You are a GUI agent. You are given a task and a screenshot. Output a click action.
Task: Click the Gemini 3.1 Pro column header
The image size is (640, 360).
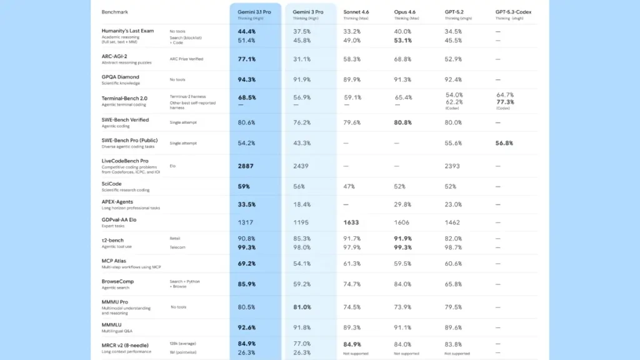click(x=255, y=11)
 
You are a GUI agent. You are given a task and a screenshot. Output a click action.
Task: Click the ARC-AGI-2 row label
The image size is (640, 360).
click(x=117, y=56)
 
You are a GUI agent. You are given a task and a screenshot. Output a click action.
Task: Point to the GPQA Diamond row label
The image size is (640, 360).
click(x=121, y=77)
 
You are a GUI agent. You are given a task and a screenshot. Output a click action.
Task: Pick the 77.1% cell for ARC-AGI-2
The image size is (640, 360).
click(x=246, y=59)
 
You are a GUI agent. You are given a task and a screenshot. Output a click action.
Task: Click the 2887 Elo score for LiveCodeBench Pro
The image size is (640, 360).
click(x=246, y=166)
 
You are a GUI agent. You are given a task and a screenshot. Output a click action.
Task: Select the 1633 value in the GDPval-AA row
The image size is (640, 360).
click(x=351, y=222)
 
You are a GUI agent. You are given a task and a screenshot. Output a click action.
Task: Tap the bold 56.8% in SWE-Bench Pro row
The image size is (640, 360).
click(x=504, y=143)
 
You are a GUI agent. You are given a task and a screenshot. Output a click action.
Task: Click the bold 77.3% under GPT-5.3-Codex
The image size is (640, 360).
click(x=505, y=102)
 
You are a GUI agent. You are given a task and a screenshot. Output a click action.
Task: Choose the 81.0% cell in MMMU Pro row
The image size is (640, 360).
click(x=301, y=307)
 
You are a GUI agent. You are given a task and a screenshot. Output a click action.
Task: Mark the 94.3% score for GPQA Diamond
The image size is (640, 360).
click(x=246, y=79)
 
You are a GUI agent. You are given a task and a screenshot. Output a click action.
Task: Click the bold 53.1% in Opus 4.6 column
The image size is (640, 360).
click(x=403, y=41)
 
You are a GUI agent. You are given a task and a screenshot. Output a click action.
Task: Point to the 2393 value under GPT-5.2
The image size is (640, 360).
click(x=452, y=166)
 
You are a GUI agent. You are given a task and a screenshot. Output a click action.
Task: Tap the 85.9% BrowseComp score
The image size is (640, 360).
click(x=246, y=284)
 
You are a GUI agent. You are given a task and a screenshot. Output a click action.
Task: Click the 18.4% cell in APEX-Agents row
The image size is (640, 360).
click(x=301, y=204)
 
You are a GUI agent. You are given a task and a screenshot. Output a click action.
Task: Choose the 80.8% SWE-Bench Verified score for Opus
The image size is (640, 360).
click(x=403, y=122)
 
